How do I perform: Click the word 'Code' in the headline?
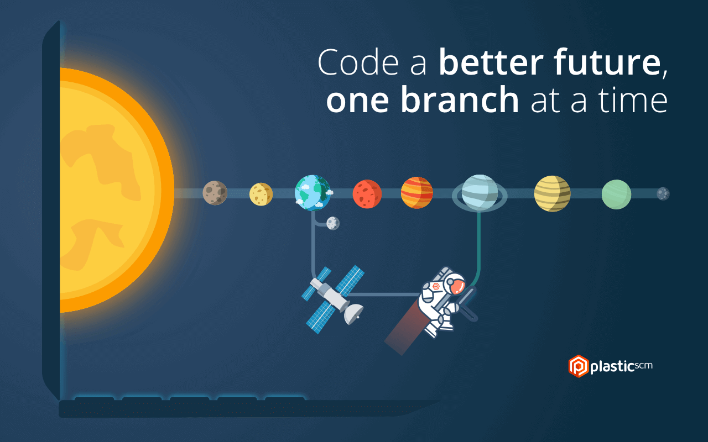click(358, 62)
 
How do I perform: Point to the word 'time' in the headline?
click(633, 100)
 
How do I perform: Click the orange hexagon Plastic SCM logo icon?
click(579, 366)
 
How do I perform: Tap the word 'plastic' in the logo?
click(612, 367)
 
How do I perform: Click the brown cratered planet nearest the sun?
click(215, 193)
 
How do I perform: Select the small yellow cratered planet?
click(261, 194)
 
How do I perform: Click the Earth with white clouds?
click(313, 193)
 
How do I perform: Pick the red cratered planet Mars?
click(367, 194)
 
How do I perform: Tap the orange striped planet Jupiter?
click(417, 193)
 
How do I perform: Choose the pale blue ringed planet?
click(480, 193)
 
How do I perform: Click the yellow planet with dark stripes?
click(553, 193)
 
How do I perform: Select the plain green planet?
click(616, 194)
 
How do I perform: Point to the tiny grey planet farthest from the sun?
click(663, 194)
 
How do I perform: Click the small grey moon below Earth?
click(333, 223)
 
